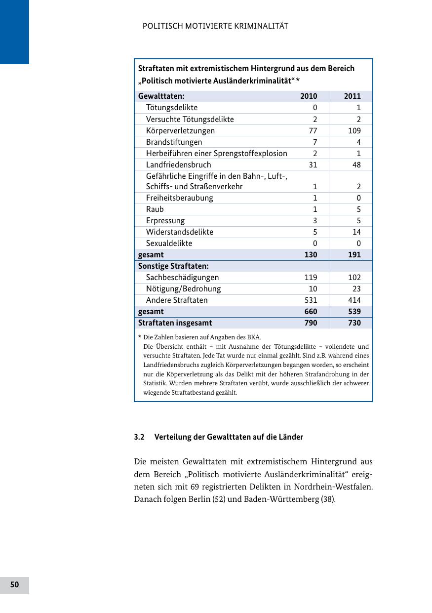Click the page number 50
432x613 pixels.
[15, 585]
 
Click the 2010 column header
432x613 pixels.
[309, 96]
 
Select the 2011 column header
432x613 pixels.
[352, 96]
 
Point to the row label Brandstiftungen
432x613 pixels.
[174, 142]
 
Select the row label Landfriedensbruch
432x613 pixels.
[178, 165]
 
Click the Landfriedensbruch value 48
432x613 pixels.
[356, 165]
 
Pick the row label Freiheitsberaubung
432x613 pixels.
[180, 198]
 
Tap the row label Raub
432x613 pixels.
[155, 209]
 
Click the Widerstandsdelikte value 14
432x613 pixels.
[356, 232]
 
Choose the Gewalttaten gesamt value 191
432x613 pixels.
[353, 255]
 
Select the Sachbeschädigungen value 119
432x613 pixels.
[311, 278]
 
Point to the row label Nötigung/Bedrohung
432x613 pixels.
[183, 289]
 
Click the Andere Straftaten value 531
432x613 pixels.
[311, 300]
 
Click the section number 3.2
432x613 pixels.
[139, 437]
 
